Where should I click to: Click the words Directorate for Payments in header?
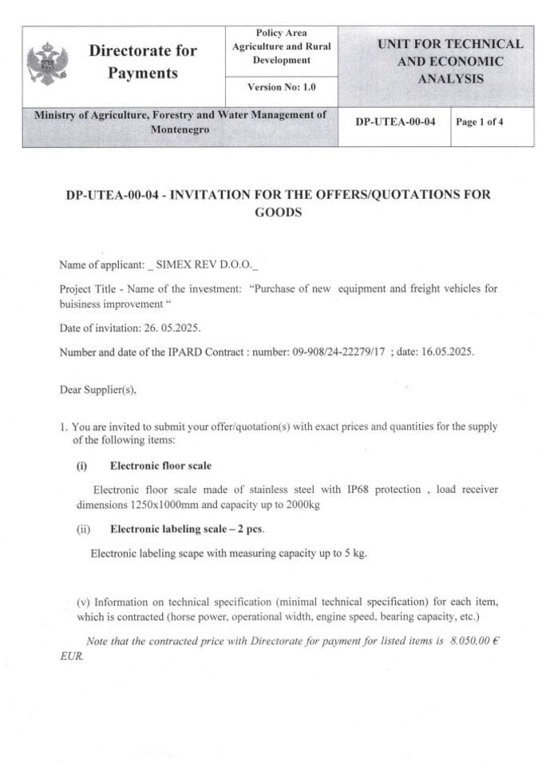tap(143, 62)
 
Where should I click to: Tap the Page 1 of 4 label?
tap(479, 122)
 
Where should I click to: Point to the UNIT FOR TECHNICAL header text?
tap(450, 44)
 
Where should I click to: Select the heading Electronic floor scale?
tap(160, 465)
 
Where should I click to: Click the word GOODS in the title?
tap(278, 213)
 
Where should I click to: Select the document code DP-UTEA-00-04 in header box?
tap(395, 122)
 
